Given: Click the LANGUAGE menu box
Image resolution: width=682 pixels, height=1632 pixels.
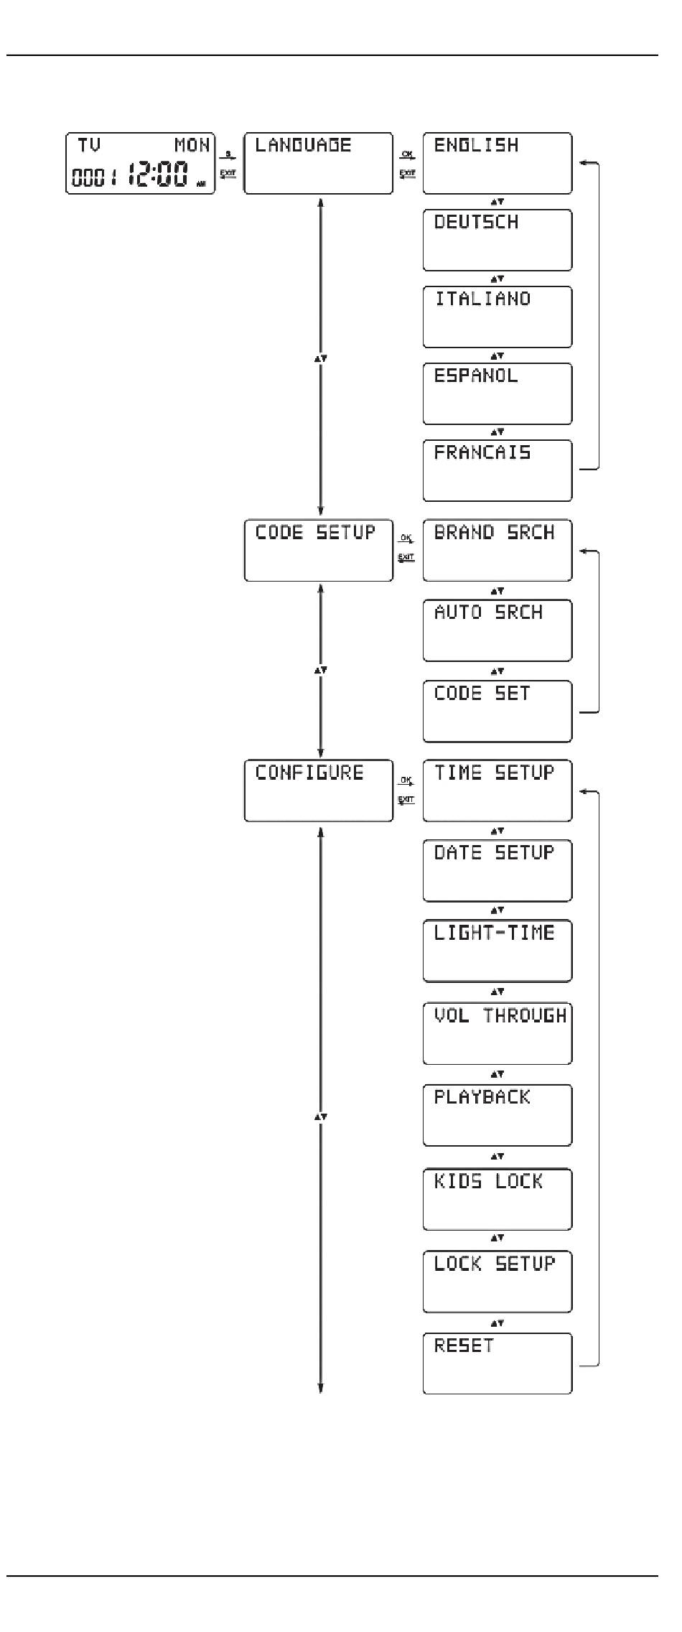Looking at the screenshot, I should tap(318, 163).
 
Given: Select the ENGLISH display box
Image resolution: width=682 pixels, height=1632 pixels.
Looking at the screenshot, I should tap(497, 163).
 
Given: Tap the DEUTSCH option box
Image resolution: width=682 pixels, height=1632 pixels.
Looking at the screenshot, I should tap(497, 240).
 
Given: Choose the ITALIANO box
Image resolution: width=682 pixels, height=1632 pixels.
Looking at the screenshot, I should tap(497, 317).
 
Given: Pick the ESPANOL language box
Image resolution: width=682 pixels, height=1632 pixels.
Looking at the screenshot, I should tap(497, 393).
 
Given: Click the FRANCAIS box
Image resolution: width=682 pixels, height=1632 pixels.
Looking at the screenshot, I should tap(497, 470).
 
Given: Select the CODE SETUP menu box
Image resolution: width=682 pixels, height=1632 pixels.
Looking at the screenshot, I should tap(318, 550).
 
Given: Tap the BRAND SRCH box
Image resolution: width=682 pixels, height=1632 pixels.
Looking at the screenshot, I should tap(497, 550).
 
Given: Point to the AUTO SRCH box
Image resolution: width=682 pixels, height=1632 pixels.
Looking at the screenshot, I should tap(497, 630).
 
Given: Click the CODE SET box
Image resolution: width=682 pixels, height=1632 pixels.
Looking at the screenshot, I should tap(497, 711).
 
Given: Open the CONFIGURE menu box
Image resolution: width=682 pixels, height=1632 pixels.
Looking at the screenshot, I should tap(318, 791).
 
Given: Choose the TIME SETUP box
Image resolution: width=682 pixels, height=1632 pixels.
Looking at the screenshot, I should tap(497, 791).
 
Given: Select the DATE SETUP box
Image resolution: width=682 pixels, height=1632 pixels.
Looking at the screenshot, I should tap(497, 870).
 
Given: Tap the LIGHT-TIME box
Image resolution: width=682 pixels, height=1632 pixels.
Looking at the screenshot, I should tap(497, 951).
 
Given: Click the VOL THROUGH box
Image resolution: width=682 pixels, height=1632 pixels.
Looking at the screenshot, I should tap(497, 1033).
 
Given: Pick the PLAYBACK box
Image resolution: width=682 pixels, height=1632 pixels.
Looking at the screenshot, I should tap(497, 1115).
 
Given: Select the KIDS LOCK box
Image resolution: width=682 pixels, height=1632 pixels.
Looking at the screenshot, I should tap(497, 1199).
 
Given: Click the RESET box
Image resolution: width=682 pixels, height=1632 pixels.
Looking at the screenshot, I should tap(497, 1363).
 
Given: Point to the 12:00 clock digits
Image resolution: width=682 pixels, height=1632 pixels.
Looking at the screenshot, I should tap(159, 174).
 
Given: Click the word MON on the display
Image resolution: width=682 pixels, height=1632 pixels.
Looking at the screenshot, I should tap(192, 146).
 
